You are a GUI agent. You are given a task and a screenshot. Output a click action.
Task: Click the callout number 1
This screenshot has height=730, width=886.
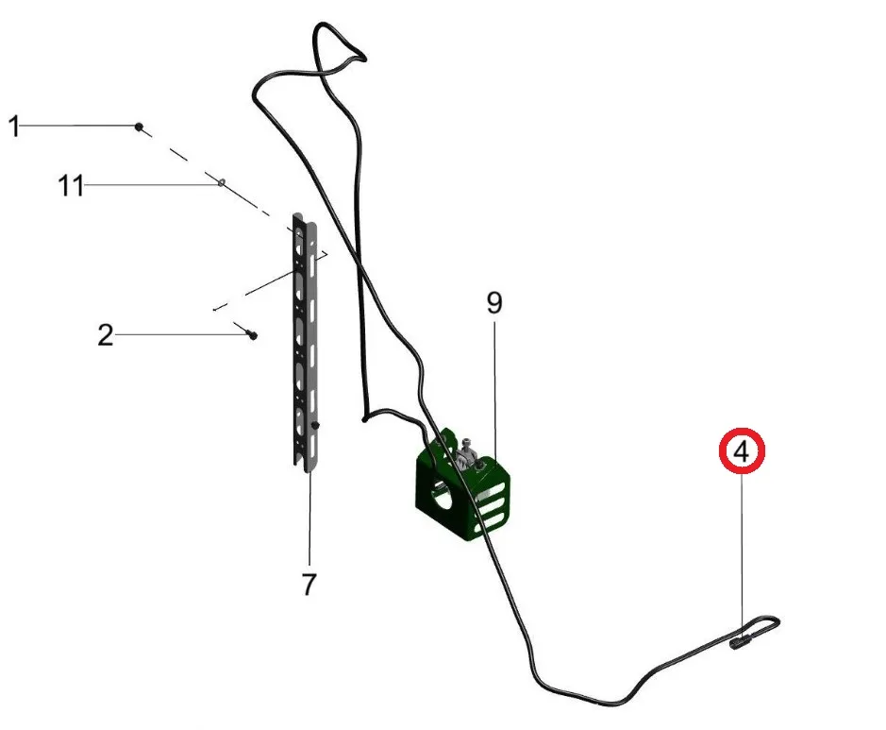[14, 126]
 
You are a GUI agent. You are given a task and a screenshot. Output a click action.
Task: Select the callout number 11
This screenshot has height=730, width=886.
[71, 186]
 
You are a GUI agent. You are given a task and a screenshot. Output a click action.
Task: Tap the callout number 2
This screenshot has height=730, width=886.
[105, 334]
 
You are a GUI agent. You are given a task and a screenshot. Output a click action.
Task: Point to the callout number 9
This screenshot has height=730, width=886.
[494, 303]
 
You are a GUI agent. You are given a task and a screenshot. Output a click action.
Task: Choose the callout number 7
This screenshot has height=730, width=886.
[309, 584]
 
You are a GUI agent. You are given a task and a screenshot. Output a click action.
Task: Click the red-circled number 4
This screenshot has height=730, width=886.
[742, 451]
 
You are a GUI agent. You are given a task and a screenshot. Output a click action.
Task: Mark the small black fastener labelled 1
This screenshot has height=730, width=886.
[139, 126]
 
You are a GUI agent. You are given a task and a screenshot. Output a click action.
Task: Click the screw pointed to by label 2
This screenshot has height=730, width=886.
[253, 335]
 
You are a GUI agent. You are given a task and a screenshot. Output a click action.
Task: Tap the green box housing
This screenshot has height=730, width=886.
[462, 491]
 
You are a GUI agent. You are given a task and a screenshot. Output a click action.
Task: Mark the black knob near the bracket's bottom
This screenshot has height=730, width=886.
[317, 427]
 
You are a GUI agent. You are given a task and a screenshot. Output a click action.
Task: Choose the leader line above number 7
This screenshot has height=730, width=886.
[309, 519]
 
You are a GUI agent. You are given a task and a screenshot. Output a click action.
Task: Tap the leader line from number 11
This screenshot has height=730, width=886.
[151, 186]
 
